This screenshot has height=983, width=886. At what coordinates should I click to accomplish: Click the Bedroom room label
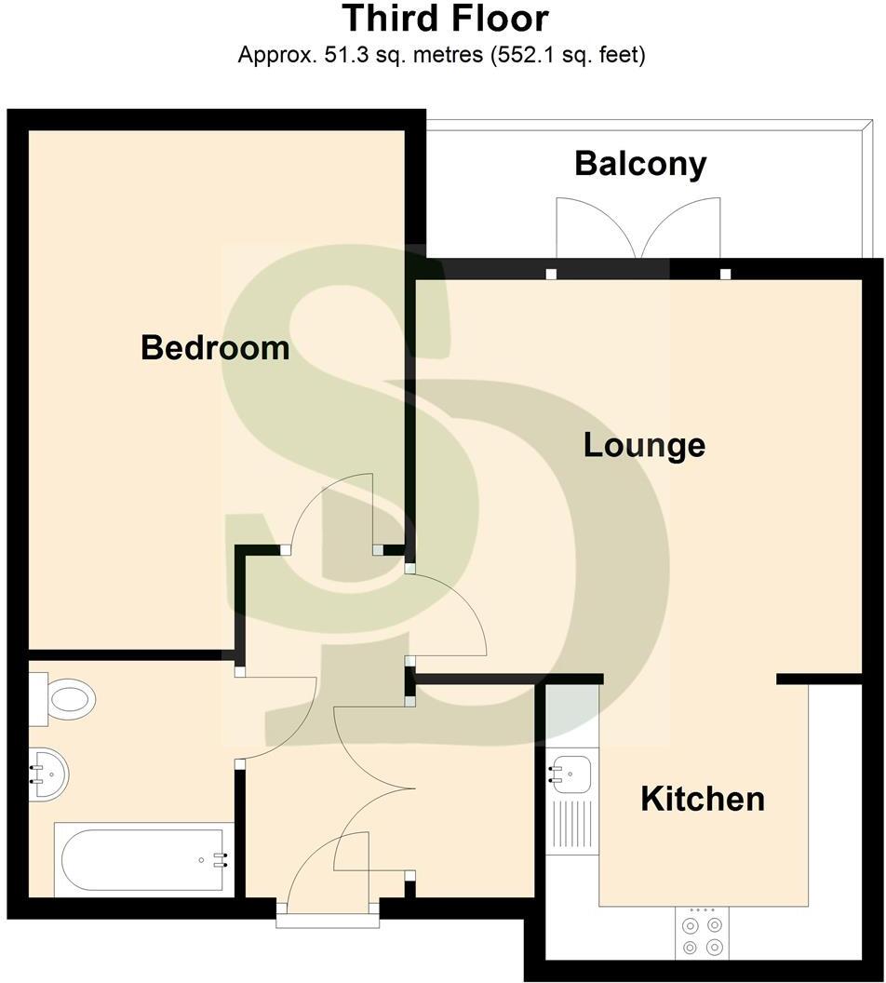(215, 348)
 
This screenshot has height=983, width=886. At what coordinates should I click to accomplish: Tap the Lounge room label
(644, 445)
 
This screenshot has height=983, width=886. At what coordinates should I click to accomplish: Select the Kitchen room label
(703, 799)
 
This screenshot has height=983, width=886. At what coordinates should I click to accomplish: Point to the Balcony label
(640, 163)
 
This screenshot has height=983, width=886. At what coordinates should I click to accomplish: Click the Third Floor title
(445, 19)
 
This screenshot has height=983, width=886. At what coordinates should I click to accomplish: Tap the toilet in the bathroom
(71, 698)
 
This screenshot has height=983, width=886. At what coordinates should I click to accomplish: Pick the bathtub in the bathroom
(140, 859)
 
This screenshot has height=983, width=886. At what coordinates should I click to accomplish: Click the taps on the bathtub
(221, 859)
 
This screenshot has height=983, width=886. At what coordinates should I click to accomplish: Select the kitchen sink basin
(571, 772)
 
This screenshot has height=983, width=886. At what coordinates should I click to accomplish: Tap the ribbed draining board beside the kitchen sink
(571, 825)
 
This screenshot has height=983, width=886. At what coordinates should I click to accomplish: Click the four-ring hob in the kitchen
(702, 935)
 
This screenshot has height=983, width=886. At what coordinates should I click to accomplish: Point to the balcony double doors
(638, 229)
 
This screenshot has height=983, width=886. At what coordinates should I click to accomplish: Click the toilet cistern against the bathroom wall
(37, 698)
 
